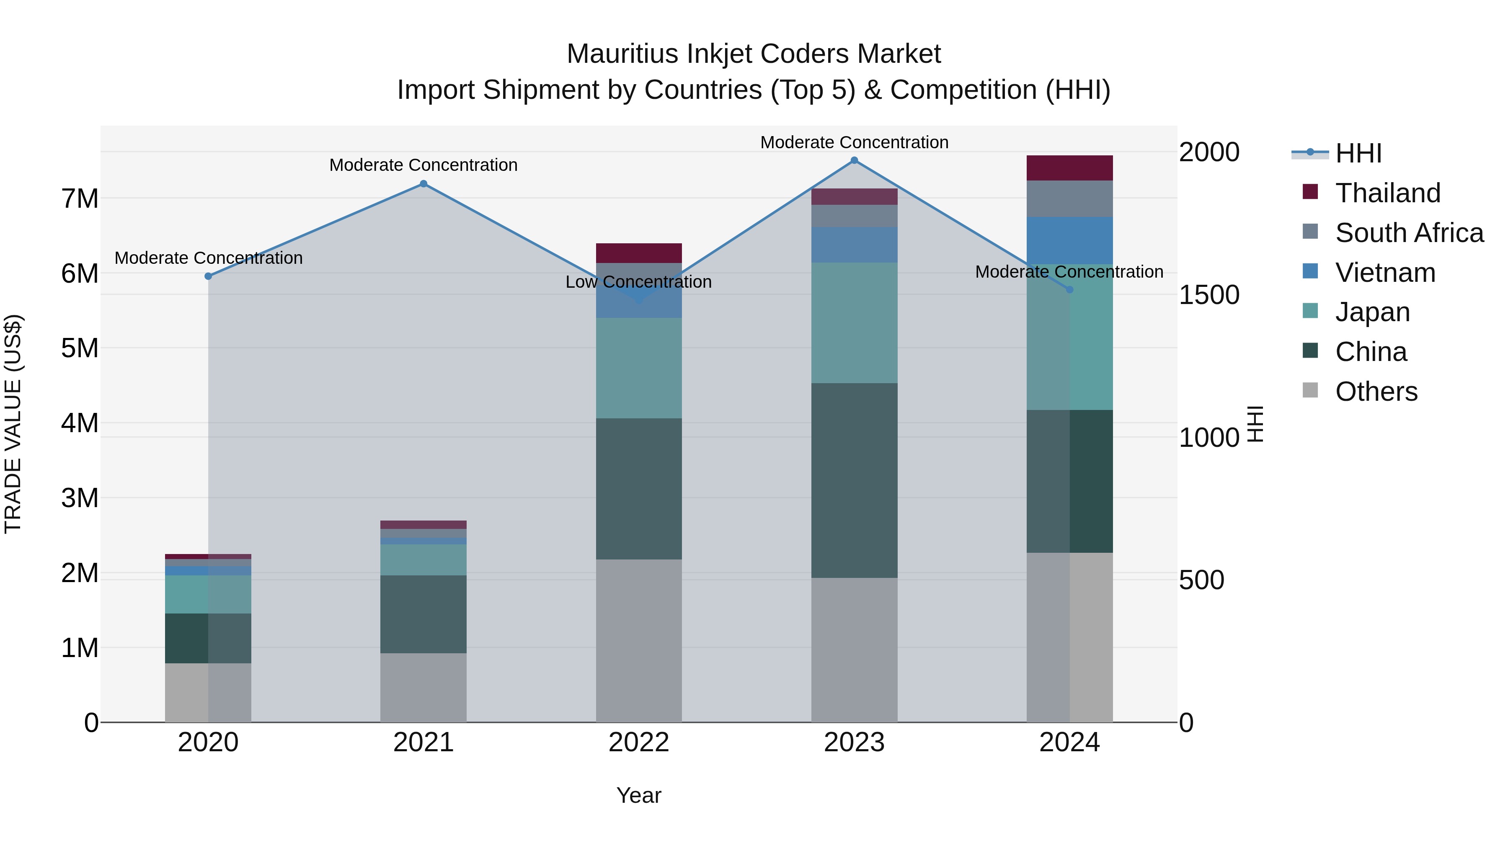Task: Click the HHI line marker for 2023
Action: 854,160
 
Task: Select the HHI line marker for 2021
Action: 423,184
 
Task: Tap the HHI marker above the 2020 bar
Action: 209,276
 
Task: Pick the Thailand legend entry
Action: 1387,193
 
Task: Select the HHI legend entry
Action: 1358,153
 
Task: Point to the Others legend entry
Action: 1376,392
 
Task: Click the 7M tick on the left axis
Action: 80,199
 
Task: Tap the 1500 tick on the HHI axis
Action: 1209,295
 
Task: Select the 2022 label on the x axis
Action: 639,742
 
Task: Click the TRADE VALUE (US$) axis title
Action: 13,424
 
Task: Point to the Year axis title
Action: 639,795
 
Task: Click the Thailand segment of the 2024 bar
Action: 1069,168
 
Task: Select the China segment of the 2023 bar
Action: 854,480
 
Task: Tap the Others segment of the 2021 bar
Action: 423,688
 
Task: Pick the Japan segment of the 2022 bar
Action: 639,368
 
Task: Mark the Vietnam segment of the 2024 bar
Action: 1069,240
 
